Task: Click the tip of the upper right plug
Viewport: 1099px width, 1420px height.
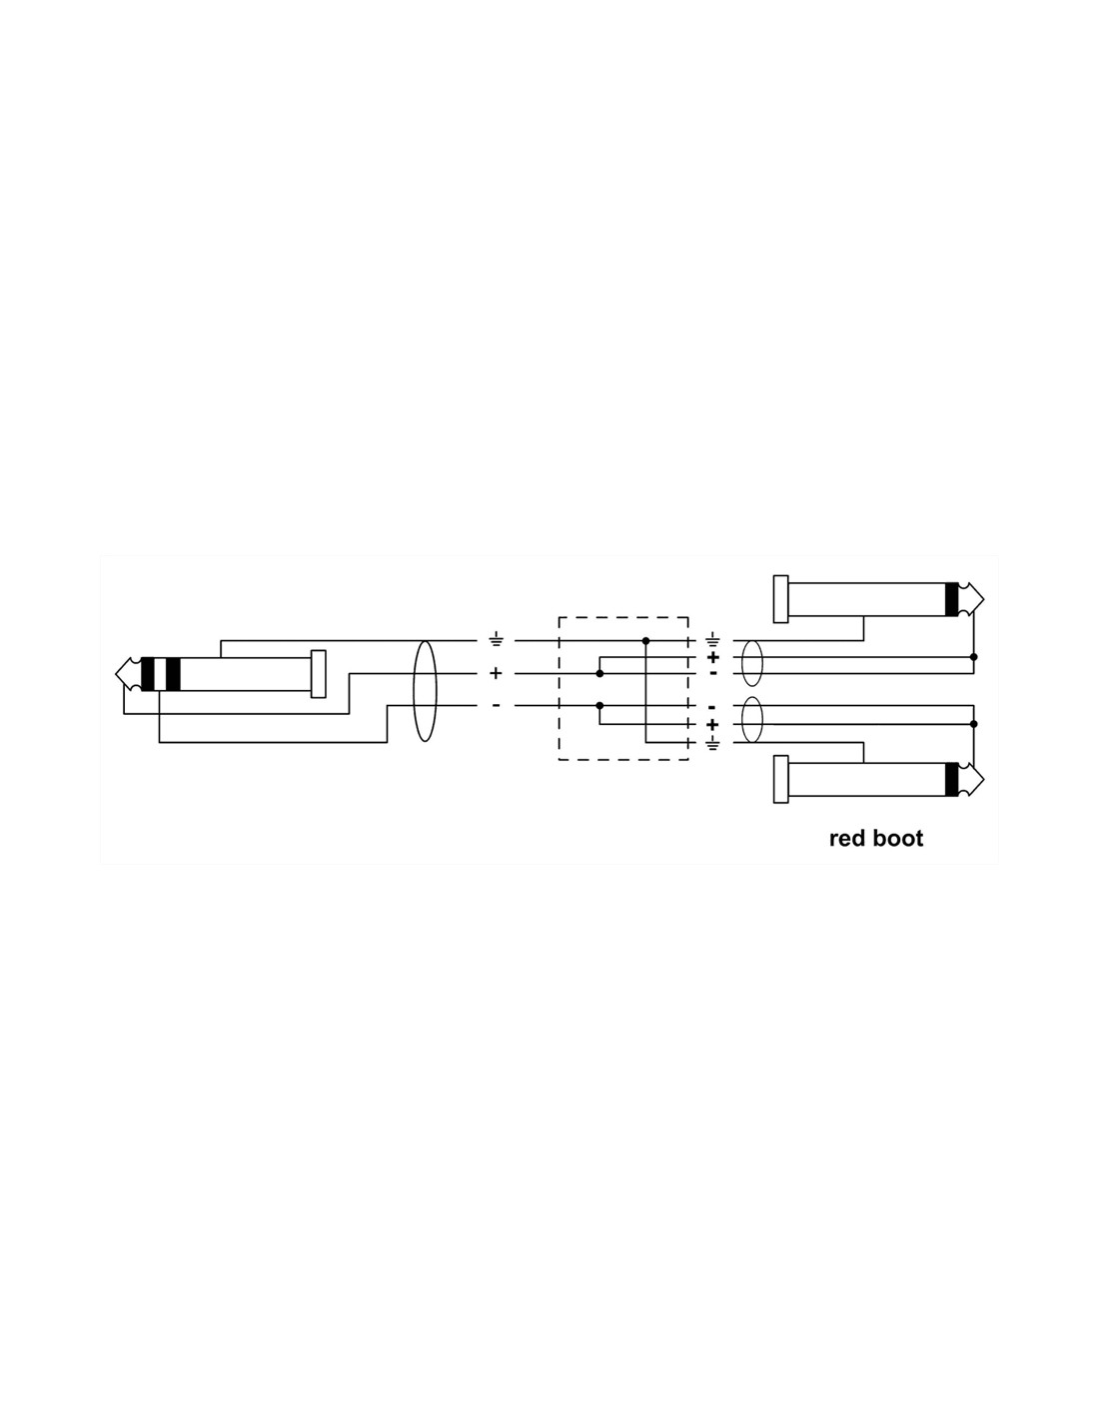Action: point(983,598)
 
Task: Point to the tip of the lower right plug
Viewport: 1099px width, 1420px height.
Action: point(983,779)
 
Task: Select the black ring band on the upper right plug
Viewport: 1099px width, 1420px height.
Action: point(951,598)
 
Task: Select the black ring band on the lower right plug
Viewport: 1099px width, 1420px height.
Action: point(951,779)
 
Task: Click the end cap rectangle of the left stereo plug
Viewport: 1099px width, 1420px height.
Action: point(318,674)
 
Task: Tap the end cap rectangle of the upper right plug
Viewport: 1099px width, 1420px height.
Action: point(780,598)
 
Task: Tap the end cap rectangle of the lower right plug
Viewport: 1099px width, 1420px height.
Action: point(780,779)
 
